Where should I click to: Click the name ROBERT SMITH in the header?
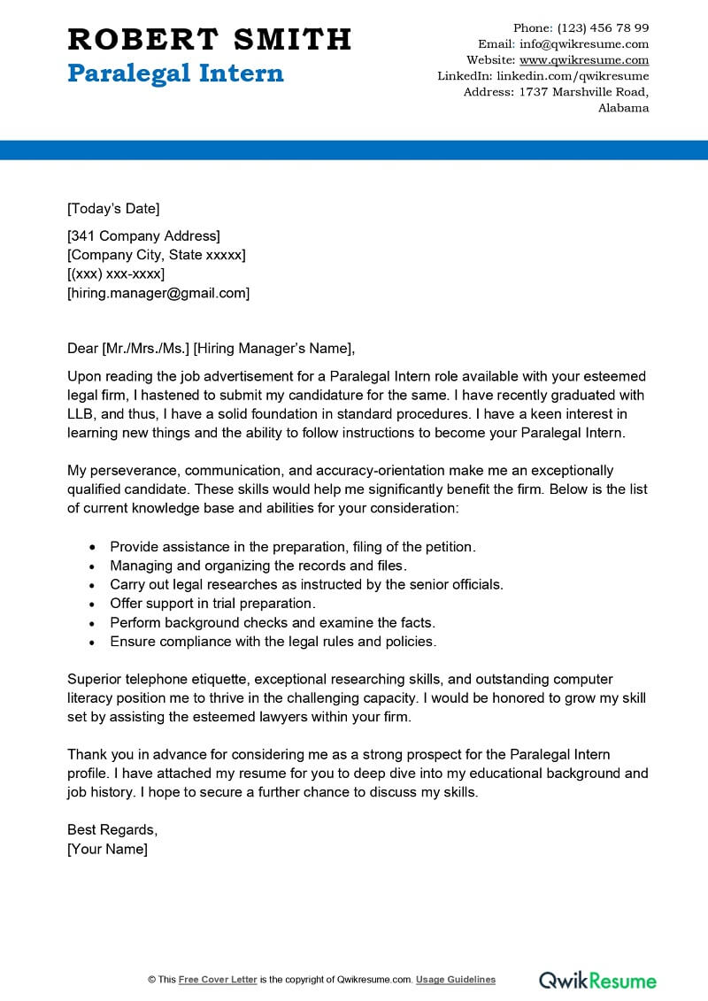(210, 39)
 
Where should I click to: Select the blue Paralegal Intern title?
(175, 73)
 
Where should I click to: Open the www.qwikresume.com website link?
(584, 60)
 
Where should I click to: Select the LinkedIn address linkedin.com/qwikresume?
(573, 76)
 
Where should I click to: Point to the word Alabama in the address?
(623, 108)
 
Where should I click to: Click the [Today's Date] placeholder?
(113, 209)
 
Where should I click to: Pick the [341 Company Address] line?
(143, 235)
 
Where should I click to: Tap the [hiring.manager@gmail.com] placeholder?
(158, 293)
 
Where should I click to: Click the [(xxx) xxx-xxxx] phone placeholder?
(116, 274)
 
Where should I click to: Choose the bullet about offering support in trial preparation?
(212, 604)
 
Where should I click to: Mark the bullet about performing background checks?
(273, 622)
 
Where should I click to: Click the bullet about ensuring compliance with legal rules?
(273, 642)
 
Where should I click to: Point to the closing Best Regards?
(112, 830)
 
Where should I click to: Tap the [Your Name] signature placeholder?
(107, 849)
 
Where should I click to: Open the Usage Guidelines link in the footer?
(456, 980)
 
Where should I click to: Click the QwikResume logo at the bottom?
(598, 980)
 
